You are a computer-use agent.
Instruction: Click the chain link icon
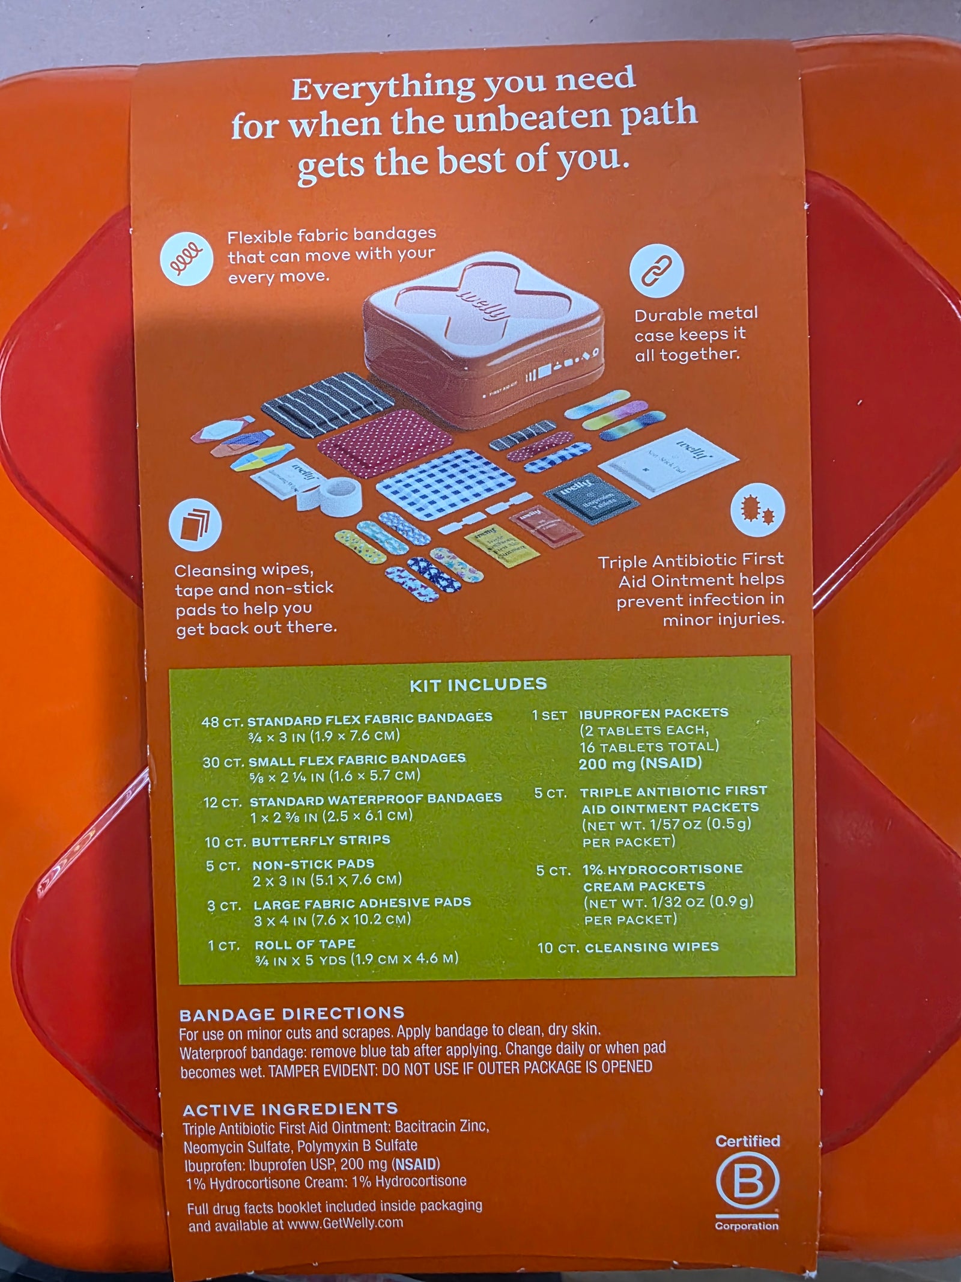point(656,270)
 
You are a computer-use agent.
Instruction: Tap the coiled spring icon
point(186,258)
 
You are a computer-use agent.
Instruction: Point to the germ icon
point(757,510)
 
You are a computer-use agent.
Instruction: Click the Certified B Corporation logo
point(747,1182)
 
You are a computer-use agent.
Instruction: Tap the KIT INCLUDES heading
point(478,685)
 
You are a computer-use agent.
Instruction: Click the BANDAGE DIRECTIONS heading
point(292,1013)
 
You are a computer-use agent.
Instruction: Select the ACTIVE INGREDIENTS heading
point(290,1109)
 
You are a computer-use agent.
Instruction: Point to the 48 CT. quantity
point(222,722)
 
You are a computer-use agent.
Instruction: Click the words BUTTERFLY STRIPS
point(321,840)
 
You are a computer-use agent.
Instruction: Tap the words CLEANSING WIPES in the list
point(652,947)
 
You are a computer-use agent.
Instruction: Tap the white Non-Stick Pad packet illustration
point(668,462)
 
